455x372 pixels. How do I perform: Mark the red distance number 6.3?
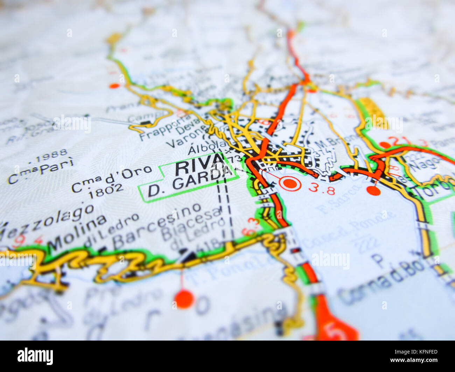click(x=251, y=227)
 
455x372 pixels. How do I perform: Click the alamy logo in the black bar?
click(x=35, y=356)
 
